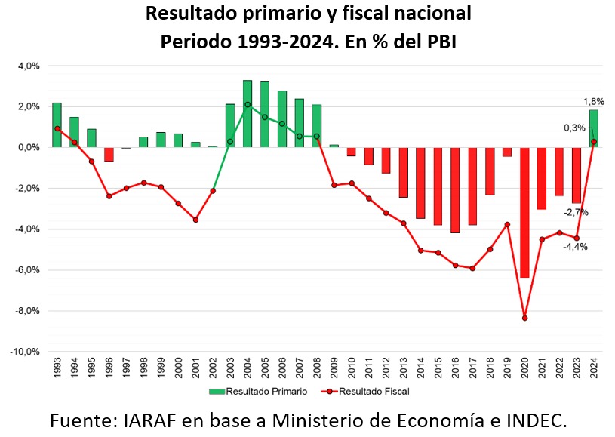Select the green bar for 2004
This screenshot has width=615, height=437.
coord(248,113)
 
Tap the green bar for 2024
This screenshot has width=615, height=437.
coord(594,128)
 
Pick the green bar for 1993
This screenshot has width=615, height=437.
coord(57,125)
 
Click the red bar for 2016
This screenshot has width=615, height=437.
coord(455,189)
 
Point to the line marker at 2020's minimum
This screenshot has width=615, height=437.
coord(524,318)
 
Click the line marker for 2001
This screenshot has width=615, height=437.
coord(195,220)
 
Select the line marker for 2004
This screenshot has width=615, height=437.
coord(248,104)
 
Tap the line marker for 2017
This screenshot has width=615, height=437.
coord(472,268)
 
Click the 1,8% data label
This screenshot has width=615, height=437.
coord(594,101)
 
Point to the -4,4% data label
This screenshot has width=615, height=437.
coord(575,246)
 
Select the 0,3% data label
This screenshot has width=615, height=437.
coord(574,128)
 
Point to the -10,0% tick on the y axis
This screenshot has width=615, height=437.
coord(26,352)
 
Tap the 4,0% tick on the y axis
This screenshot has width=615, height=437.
coord(29,66)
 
